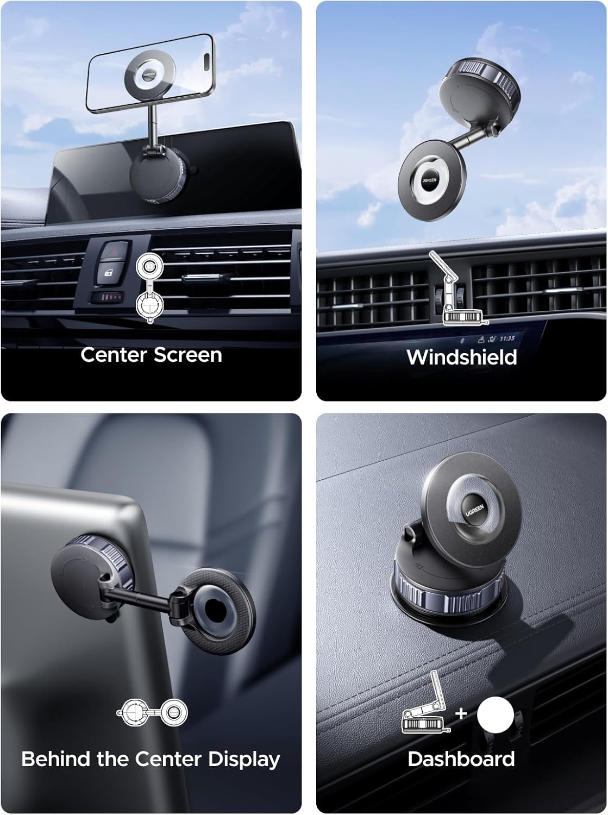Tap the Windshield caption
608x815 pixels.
(x=462, y=357)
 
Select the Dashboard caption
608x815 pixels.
(x=461, y=758)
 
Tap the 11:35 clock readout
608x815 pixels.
(x=507, y=338)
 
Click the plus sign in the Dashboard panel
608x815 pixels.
(x=461, y=713)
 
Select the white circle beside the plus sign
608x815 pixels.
(x=495, y=714)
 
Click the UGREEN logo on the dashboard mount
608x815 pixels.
(x=475, y=510)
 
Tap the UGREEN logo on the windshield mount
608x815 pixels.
(x=429, y=181)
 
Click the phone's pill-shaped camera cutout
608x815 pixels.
(x=207, y=58)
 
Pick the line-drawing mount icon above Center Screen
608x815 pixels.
(x=149, y=288)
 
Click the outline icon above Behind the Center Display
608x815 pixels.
(x=152, y=712)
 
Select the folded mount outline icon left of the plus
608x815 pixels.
(x=426, y=704)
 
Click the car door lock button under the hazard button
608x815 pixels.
(x=109, y=273)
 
